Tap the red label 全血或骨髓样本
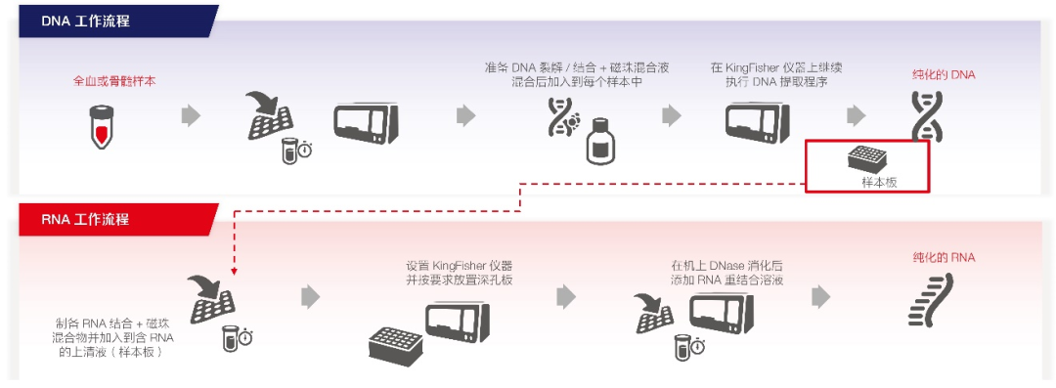click(x=113, y=81)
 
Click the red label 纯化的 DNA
click(x=943, y=74)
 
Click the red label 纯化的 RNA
click(x=943, y=258)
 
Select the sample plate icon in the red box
click(x=865, y=158)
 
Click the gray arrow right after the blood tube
click(x=191, y=115)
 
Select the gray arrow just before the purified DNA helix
click(x=857, y=115)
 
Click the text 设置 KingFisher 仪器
click(x=459, y=265)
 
